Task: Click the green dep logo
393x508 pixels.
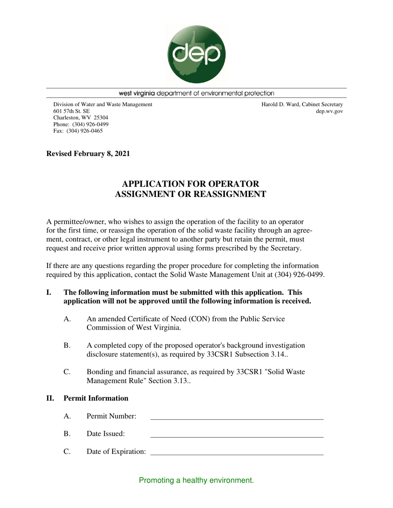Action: coord(196,54)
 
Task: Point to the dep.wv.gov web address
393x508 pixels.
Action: coord(329,111)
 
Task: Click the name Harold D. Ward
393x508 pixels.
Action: coord(281,104)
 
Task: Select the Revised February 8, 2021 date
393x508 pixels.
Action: coord(88,154)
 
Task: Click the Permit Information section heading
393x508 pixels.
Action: coord(96,398)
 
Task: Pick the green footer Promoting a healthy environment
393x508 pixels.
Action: coord(196,480)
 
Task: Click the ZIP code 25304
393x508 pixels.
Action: coord(99,118)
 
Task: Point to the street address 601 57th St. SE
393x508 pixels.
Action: coord(71,111)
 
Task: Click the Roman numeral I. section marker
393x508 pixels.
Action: coord(49,292)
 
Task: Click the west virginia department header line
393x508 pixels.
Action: coord(196,93)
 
